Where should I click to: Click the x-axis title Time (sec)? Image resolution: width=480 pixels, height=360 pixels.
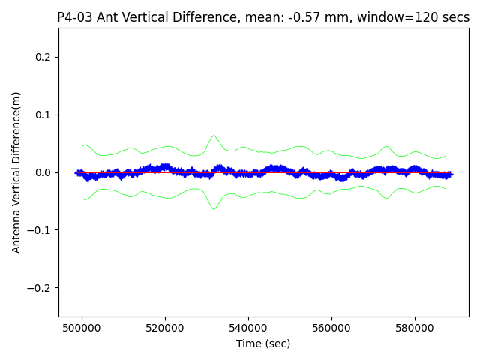pyautogui.click(x=263, y=343)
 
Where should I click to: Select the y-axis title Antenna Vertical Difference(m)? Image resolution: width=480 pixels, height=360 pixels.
pyautogui.click(x=16, y=172)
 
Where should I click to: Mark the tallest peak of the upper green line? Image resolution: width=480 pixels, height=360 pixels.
pyautogui.click(x=214, y=136)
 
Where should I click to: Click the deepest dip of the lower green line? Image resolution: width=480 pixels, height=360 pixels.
pyautogui.click(x=214, y=209)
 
